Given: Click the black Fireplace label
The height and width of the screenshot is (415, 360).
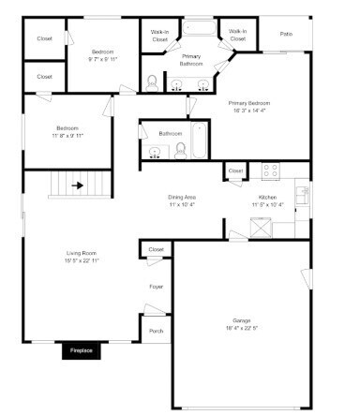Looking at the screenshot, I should point(82,352).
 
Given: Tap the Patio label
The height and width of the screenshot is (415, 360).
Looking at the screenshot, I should point(285,35).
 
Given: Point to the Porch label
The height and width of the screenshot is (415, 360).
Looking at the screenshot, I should point(156,330).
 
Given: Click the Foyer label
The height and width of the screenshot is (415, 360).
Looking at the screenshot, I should point(156,286).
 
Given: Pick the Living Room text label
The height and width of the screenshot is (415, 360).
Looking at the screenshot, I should point(82,253).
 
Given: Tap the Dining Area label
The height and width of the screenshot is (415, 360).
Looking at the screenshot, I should point(182,198).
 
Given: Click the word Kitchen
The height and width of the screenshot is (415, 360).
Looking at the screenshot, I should point(267,198).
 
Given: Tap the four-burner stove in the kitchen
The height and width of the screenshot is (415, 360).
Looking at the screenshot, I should point(269,171).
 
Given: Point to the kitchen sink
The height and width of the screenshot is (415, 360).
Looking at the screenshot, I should point(302,195).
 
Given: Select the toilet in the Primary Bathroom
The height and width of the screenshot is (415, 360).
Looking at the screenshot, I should point(152,82).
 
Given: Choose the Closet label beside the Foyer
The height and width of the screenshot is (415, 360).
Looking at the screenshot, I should point(156,249).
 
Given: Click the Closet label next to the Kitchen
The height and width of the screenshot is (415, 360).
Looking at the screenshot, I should point(235,171).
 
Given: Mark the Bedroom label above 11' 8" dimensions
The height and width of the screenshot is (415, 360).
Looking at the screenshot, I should point(67,127).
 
